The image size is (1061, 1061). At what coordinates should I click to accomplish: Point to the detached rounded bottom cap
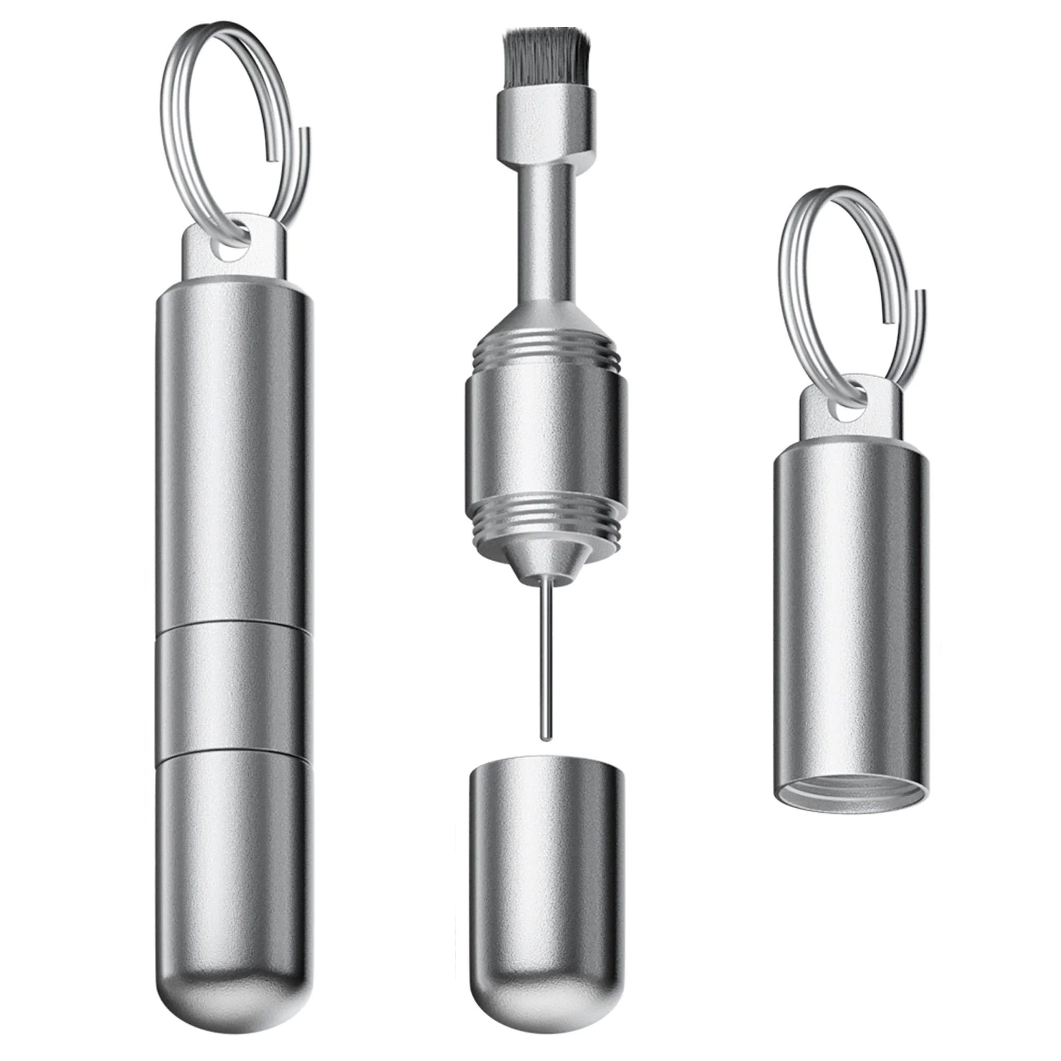[x=546, y=873]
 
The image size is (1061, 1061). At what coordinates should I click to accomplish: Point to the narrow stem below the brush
[x=546, y=231]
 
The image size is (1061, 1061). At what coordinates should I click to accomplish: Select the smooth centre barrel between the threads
[x=546, y=439]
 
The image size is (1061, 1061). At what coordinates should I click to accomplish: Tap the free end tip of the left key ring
[x=306, y=132]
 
